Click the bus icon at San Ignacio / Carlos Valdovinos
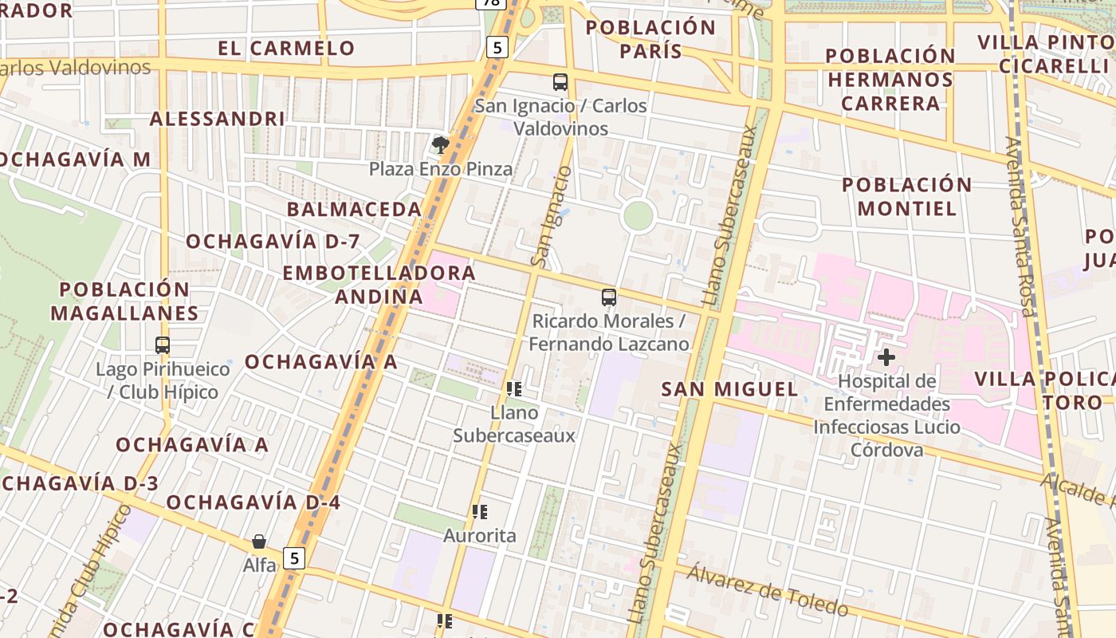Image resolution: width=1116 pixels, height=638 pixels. [x=560, y=81]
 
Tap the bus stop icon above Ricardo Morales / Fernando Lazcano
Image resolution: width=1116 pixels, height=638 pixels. [x=609, y=297]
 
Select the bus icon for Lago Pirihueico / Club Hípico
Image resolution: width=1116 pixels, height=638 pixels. [x=163, y=345]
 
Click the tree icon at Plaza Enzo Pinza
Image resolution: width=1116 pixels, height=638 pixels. [x=439, y=144]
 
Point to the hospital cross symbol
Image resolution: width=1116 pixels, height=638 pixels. [x=886, y=356]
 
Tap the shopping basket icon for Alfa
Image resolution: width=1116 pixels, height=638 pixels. [x=259, y=542]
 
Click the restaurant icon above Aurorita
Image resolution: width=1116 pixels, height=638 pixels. [x=479, y=511]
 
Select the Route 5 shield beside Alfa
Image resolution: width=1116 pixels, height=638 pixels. [x=295, y=558]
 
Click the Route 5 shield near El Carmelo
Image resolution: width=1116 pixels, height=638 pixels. [x=497, y=48]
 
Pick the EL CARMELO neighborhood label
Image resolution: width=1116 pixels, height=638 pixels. [x=286, y=48]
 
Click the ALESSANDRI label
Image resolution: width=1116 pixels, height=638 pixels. [x=217, y=119]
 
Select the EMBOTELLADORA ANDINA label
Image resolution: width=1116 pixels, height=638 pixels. [x=379, y=285]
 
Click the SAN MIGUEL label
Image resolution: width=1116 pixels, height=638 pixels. [x=729, y=389]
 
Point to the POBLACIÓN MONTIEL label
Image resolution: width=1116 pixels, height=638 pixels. [x=907, y=196]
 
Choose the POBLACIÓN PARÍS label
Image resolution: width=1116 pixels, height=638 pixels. [x=650, y=39]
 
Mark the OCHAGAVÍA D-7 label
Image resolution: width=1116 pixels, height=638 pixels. [x=273, y=242]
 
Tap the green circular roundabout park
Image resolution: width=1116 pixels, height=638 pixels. [x=638, y=216]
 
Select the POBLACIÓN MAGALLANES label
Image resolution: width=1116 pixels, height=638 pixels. [x=124, y=301]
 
